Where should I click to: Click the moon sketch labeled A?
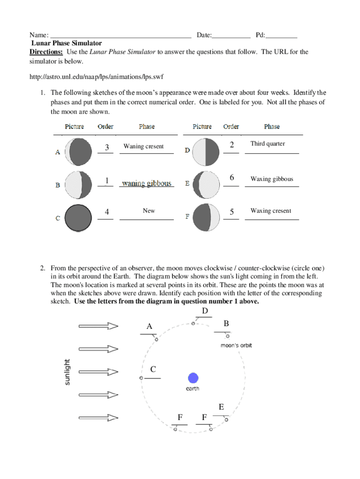[78, 152]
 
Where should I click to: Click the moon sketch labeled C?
[78, 218]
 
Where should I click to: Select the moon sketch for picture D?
[206, 152]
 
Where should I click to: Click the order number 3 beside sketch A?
[107, 147]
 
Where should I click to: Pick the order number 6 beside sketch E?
[231, 178]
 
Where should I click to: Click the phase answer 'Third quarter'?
[267, 144]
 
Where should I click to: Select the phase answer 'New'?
[149, 211]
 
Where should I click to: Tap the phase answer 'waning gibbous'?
[146, 183]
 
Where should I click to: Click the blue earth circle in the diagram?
[193, 378]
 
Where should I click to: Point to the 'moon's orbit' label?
[236, 345]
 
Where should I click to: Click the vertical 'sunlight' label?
[67, 372]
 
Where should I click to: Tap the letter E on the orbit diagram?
[221, 407]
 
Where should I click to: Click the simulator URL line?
[96, 76]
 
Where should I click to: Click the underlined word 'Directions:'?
[46, 52]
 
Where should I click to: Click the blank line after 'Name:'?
[121, 36]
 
